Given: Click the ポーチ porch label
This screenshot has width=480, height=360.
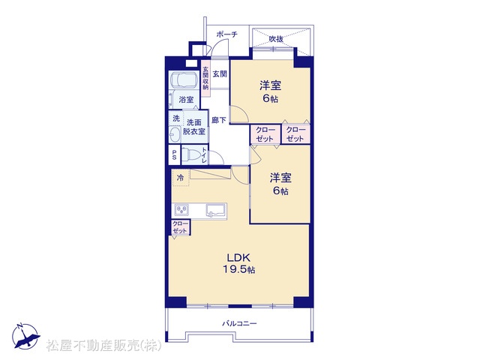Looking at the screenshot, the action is click(226, 34).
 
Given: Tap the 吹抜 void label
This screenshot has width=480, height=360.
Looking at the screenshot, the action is click(276, 39).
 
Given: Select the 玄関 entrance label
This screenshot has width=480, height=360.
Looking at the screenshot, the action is click(220, 73).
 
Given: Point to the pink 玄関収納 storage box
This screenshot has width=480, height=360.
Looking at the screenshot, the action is click(205, 78).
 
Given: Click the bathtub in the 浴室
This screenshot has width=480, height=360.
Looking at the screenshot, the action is click(184, 80).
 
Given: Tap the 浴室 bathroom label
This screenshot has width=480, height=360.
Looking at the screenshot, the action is click(186, 100).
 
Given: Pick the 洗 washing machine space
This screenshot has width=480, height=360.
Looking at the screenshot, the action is click(175, 118).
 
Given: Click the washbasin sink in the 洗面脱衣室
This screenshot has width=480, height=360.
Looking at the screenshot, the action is click(175, 135).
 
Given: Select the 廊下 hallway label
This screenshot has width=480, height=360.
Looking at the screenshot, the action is click(219, 120).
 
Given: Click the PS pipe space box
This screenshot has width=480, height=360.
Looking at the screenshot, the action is click(174, 155).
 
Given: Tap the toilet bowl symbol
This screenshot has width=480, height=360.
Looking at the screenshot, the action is click(190, 155).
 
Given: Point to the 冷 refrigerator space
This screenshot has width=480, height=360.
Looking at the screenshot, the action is click(181, 177).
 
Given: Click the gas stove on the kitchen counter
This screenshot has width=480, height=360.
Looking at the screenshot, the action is click(181, 210).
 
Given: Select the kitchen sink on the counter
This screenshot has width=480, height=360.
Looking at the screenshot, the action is click(216, 210).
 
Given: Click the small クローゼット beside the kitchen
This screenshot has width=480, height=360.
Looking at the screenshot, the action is click(181, 227).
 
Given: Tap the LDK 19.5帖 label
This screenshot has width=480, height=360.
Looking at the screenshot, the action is click(238, 263).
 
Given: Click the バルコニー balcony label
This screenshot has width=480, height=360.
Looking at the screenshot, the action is click(239, 323).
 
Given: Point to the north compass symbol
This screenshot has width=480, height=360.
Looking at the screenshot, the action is click(25, 336).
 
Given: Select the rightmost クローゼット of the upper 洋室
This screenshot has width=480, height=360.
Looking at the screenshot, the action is click(295, 134).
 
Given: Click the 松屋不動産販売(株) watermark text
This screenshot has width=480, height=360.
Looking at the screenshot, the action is click(104, 346).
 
